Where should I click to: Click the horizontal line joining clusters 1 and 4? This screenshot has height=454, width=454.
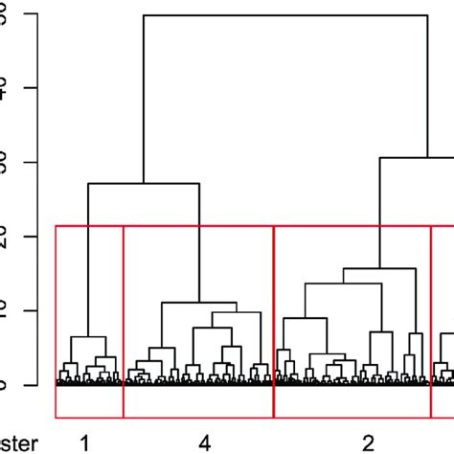point(144,183)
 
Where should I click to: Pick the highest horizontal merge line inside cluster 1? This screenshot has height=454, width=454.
point(88,337)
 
